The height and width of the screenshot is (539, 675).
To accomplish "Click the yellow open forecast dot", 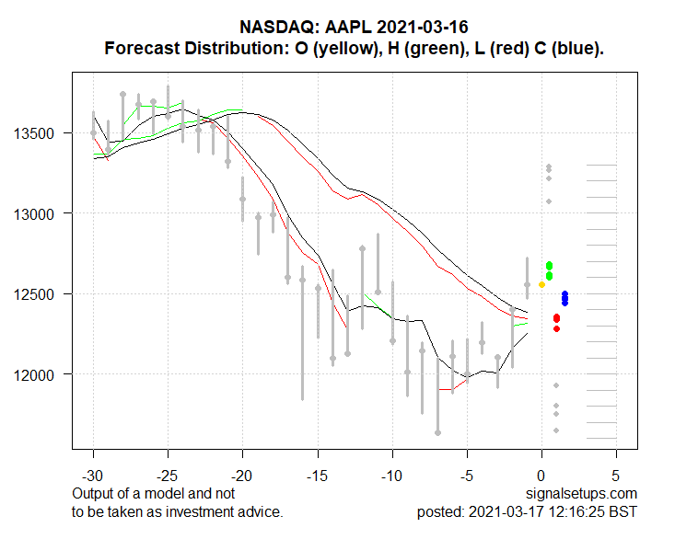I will (x=541, y=284).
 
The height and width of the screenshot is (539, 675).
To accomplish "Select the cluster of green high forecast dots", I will (x=549, y=270).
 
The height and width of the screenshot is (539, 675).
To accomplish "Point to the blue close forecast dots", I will (x=564, y=298).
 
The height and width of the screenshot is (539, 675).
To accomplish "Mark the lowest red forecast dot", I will (x=556, y=328).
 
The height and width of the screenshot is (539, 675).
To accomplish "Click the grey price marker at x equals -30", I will (x=93, y=133).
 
